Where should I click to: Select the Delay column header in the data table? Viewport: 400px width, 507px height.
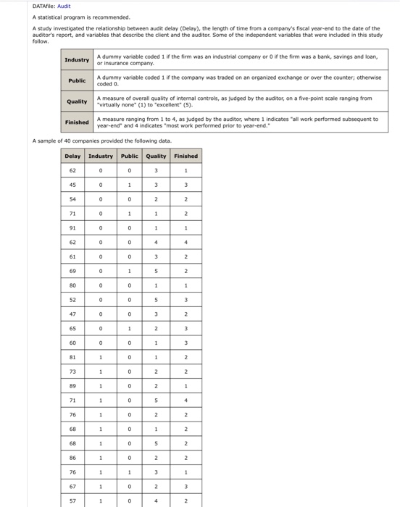72,156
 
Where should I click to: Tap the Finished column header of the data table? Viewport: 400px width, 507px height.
186,156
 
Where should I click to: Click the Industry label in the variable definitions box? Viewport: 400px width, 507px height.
78,59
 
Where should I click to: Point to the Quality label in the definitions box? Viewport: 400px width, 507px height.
78,101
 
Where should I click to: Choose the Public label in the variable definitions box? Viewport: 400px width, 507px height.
78,80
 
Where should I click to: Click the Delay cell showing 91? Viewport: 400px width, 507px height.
72,229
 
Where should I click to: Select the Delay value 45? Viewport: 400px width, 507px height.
72,184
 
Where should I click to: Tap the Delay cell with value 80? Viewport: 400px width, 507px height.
72,285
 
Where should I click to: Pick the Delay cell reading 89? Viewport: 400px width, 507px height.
72,386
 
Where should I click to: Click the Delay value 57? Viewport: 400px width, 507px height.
72,500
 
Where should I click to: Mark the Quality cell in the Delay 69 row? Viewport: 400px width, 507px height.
156,271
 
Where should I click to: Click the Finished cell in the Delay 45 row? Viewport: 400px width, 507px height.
186,184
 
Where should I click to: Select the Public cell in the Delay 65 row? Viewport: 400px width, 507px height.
129,328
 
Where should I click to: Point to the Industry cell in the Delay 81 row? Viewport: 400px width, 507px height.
100,357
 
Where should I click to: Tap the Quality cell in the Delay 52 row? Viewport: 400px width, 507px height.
156,300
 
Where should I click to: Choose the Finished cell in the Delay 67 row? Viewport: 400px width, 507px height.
186,486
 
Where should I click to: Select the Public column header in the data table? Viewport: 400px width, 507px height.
129,156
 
